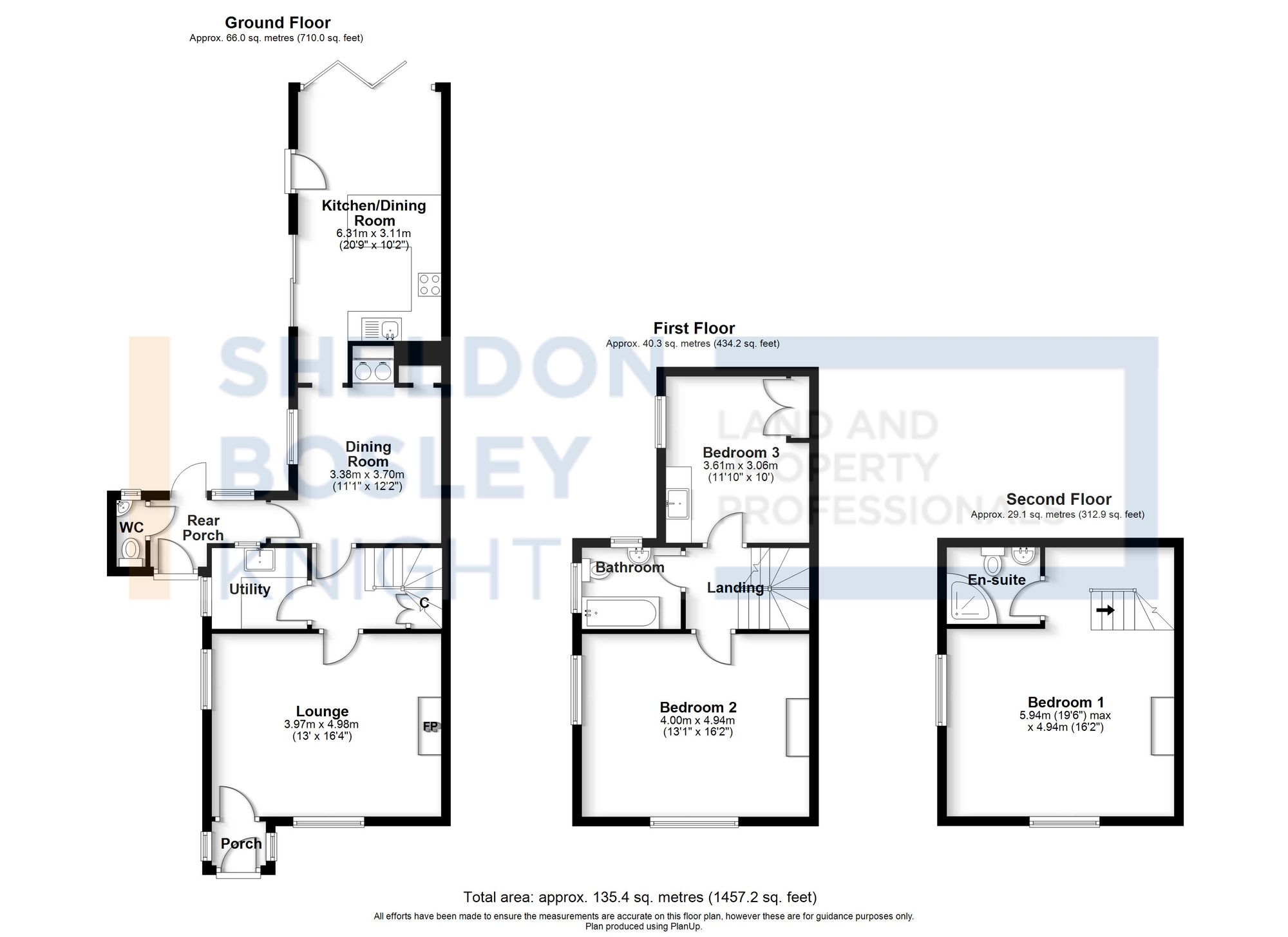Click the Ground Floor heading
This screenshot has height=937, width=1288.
pyautogui.click(x=278, y=23)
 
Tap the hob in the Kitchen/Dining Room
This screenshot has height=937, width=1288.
pyautogui.click(x=430, y=284)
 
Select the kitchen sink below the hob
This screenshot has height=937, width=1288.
pyautogui.click(x=382, y=329)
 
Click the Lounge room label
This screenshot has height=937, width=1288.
pyautogui.click(x=322, y=711)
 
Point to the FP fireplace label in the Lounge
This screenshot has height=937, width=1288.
pyautogui.click(x=430, y=726)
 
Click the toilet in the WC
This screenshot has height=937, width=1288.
pyautogui.click(x=131, y=549)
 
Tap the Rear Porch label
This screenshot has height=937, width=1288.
pyautogui.click(x=203, y=527)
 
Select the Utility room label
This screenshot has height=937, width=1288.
pyautogui.click(x=250, y=589)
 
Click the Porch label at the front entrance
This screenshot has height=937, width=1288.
pyautogui.click(x=241, y=843)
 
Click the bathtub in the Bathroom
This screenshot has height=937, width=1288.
pyautogui.click(x=620, y=613)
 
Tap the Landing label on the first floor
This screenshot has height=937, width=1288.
pyautogui.click(x=735, y=587)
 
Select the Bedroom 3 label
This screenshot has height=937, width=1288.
pyautogui.click(x=741, y=452)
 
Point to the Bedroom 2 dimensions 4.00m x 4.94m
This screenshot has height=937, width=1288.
pyautogui.click(x=698, y=721)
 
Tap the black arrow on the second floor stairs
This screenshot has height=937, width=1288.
pyautogui.click(x=1105, y=609)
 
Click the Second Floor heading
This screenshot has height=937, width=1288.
pyautogui.click(x=1058, y=499)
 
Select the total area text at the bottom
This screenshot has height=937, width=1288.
pyautogui.click(x=639, y=896)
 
